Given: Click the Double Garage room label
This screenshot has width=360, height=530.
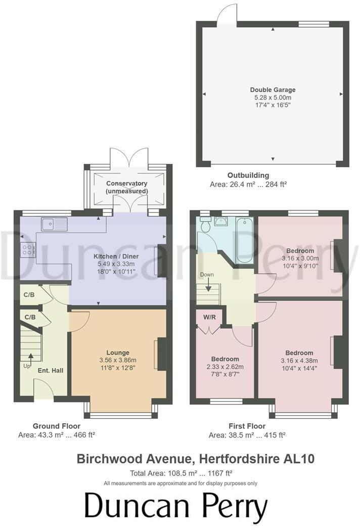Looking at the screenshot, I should pyautogui.click(x=273, y=90).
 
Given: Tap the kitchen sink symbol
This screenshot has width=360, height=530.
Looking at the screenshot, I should pyautogui.click(x=51, y=223).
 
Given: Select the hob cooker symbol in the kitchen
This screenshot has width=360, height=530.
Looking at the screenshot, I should pyautogui.click(x=28, y=249).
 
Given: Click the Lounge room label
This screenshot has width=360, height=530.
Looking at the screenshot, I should pyautogui.click(x=118, y=352).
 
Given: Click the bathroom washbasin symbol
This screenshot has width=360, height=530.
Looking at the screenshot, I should pyautogui.click(x=221, y=221).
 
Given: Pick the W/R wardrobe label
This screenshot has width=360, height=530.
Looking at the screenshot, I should pyautogui.click(x=210, y=318).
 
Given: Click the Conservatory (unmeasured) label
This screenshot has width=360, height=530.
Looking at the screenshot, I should pyautogui.click(x=127, y=187).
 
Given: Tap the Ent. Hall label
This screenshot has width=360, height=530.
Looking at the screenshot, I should pyautogui.click(x=51, y=371).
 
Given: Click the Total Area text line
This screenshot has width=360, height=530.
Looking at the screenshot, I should pyautogui.click(x=181, y=473).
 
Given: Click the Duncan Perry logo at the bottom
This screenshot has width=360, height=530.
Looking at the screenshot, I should pyautogui.click(x=175, y=507).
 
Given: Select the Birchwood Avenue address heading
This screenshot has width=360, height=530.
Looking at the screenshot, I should pyautogui.click(x=195, y=459).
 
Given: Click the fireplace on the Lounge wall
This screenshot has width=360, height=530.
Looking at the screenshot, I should pyautogui.click(x=161, y=356).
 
